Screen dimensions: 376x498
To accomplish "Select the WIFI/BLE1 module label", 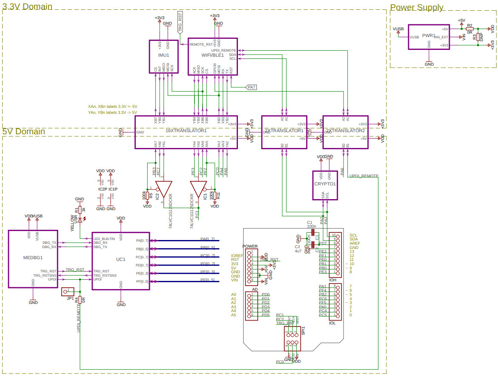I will (x=212, y=55).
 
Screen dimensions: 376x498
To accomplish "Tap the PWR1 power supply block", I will (x=429, y=37).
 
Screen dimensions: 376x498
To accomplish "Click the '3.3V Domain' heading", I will (x=28, y=6).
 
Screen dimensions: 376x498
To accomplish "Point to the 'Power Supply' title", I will (x=417, y=7).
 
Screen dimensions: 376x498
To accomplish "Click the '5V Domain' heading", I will (x=24, y=131).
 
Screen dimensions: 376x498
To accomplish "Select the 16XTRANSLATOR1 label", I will (x=186, y=130).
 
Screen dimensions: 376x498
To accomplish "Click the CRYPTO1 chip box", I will (x=325, y=185).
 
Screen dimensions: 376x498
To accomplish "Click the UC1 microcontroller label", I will (x=120, y=259).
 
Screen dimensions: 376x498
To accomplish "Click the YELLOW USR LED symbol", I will (x=80, y=220).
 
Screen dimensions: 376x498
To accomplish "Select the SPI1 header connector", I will (x=292, y=338).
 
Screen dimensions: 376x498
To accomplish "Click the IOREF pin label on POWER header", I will (x=237, y=255).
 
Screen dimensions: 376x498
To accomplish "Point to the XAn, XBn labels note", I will (x=112, y=107).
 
